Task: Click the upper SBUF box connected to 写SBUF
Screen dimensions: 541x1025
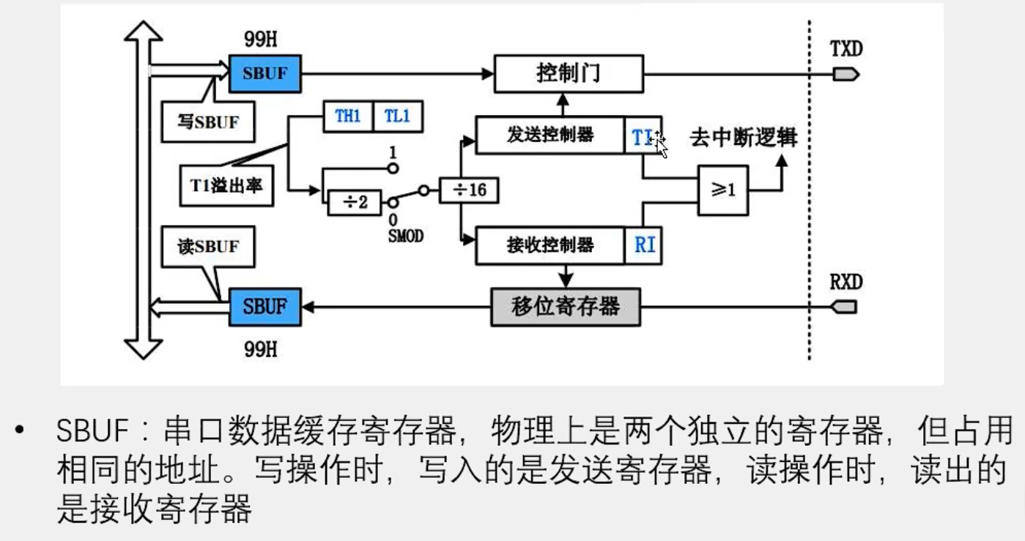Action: coord(264,74)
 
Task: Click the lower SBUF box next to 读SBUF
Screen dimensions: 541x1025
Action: coord(264,306)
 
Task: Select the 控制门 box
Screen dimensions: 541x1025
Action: coord(569,74)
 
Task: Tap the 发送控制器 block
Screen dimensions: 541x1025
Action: coord(550,135)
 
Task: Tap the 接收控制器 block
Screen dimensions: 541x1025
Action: coord(550,245)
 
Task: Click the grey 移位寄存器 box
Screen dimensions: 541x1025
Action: coord(565,306)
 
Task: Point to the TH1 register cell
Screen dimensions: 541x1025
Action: coord(348,116)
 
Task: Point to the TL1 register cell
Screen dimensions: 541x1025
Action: coord(398,116)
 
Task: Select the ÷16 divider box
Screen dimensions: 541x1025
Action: coord(469,190)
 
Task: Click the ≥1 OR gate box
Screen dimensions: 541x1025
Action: coord(723,190)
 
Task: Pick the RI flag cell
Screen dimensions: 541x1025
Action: coord(645,245)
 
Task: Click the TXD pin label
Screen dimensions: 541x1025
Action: coord(846,49)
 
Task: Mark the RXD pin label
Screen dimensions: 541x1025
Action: coord(846,283)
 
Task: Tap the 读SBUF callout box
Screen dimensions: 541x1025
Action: coord(209,247)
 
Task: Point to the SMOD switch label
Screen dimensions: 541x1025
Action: coord(404,236)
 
